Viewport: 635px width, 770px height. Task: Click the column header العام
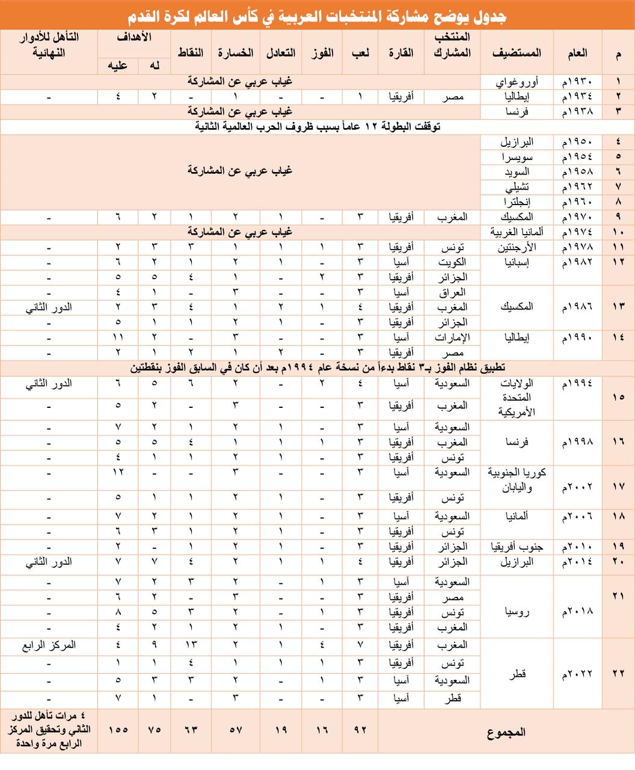click(577, 53)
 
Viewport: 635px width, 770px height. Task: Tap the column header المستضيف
click(517, 53)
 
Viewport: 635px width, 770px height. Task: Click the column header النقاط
click(190, 53)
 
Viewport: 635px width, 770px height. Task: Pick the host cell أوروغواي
click(520, 82)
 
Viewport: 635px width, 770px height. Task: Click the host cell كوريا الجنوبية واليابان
click(517, 480)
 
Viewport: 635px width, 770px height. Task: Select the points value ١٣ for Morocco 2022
click(191, 645)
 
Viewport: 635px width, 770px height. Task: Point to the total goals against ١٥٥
click(118, 730)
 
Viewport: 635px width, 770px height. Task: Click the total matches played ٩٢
click(360, 730)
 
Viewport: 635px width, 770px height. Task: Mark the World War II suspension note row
click(317, 126)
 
